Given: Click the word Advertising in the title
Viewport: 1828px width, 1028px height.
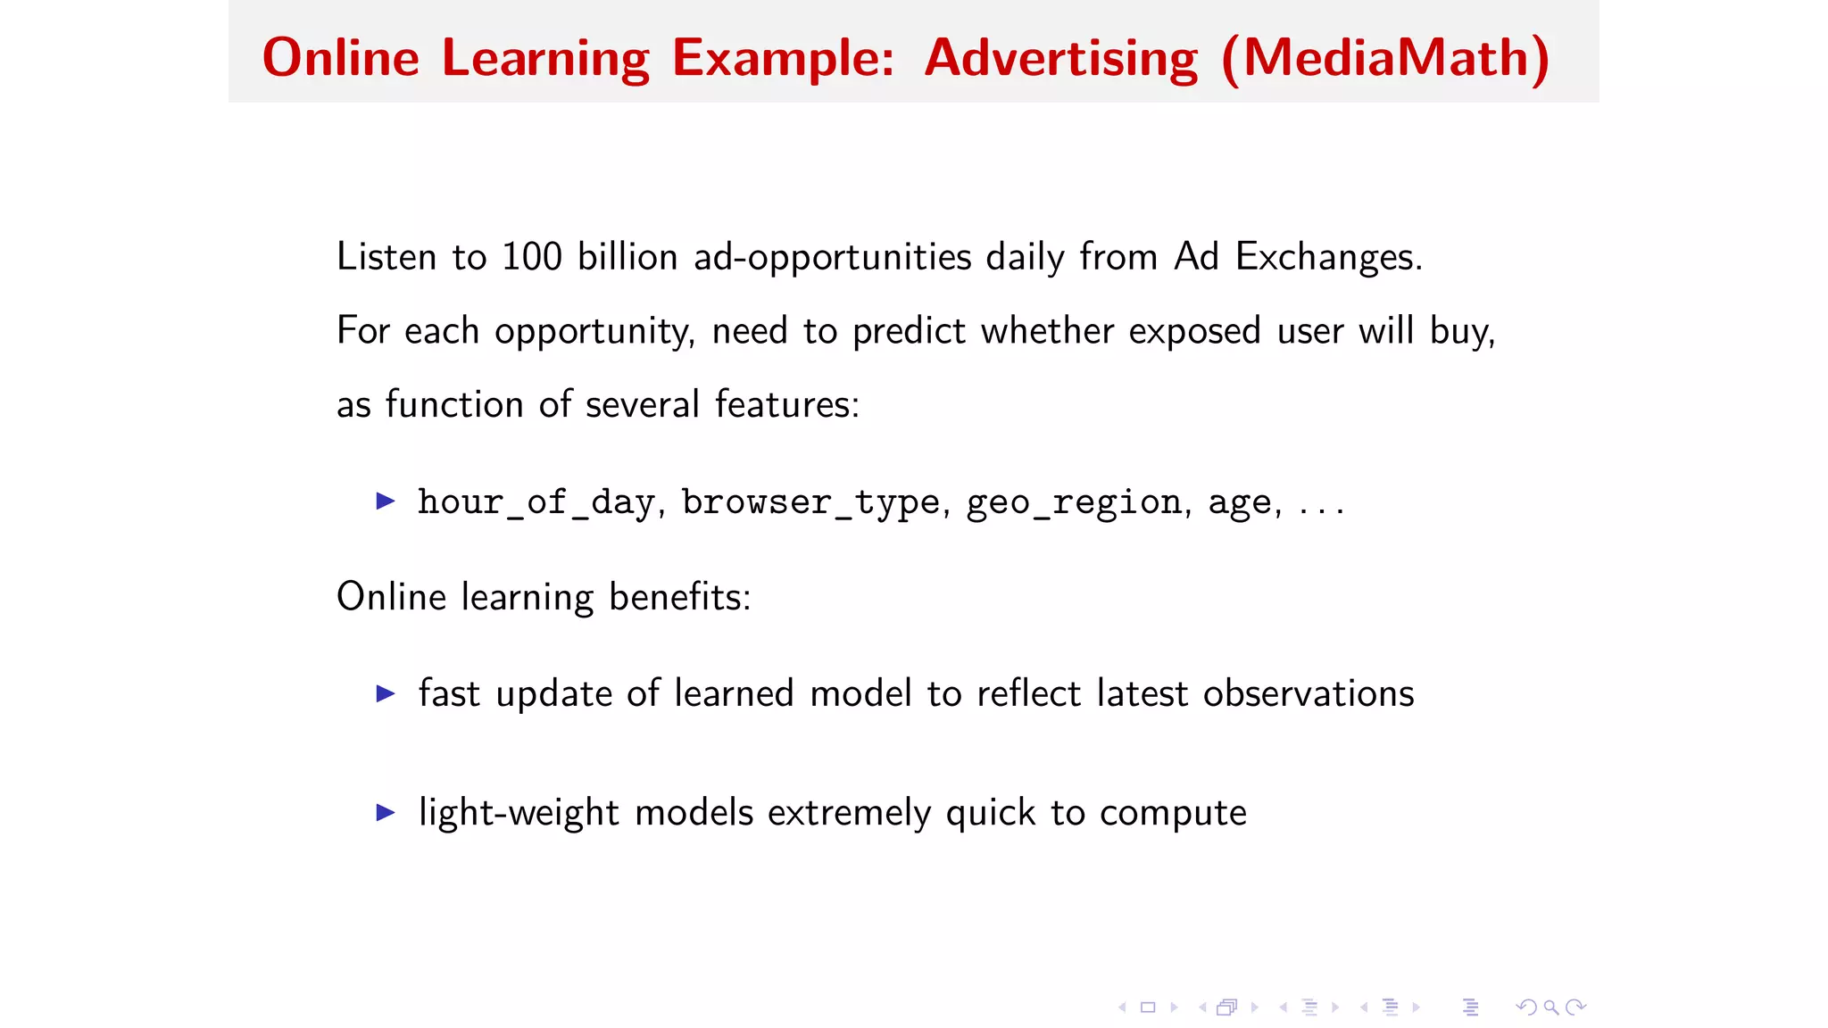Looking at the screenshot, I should (x=1060, y=59).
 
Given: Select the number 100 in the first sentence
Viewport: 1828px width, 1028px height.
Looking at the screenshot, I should (x=532, y=257).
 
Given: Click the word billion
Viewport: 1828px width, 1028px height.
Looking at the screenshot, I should (x=627, y=257).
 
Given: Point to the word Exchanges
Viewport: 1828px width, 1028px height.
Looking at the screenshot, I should (x=1327, y=257).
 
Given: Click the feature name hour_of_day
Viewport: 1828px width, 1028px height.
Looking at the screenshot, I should (x=536, y=502).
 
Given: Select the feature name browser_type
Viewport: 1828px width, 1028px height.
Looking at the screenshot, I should (x=810, y=502).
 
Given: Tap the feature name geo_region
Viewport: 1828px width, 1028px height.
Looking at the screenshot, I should (x=1075, y=502).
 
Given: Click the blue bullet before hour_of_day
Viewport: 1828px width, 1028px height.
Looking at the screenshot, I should (x=386, y=501).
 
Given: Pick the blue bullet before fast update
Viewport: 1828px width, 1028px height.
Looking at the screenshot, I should (x=386, y=693).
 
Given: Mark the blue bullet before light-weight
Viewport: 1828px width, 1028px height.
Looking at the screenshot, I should (x=386, y=812).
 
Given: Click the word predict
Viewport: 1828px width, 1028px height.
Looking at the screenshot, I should (x=909, y=331).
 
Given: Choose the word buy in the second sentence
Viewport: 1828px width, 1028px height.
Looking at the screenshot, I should (x=1459, y=331).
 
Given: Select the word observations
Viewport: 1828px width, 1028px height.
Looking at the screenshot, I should (x=1308, y=693).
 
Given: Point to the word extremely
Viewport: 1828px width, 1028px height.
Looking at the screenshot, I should (x=849, y=813).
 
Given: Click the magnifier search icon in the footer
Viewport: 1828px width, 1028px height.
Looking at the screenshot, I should (x=1551, y=1007).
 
